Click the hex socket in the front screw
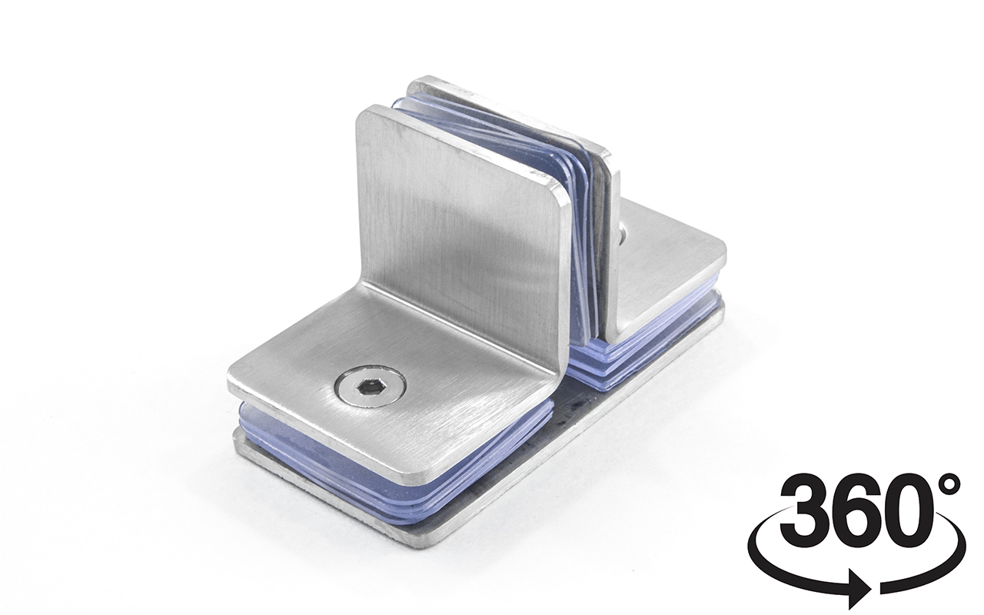click(x=369, y=388)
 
